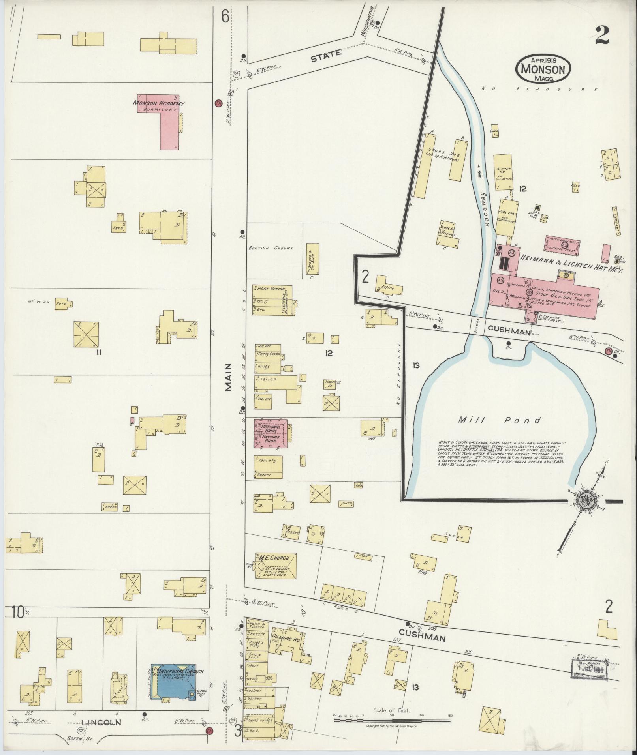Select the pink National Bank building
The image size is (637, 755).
271,433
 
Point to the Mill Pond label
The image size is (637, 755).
499,420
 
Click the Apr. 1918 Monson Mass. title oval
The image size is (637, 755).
543,69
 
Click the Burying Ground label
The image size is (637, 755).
271,248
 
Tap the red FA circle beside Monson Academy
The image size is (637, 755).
218,103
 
